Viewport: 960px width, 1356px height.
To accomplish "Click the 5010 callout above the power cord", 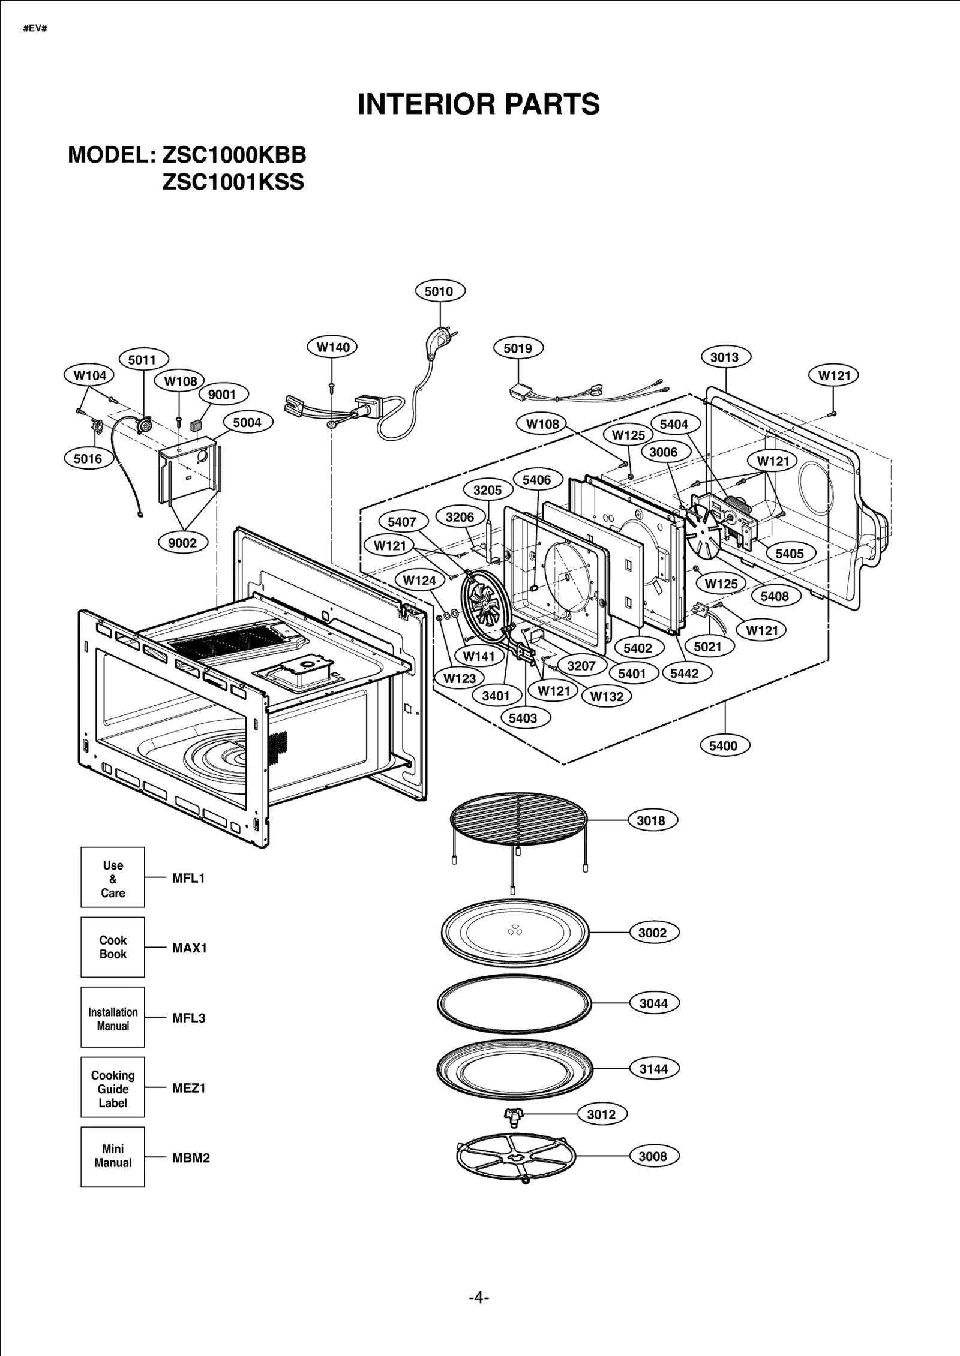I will [440, 291].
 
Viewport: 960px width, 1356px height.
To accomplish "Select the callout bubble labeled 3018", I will [652, 820].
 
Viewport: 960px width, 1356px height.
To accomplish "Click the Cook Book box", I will [113, 947].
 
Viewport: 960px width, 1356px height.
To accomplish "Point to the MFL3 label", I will [188, 1018].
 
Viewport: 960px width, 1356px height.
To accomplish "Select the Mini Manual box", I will [113, 1156].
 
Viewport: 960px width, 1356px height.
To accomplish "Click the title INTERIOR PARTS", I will [478, 104].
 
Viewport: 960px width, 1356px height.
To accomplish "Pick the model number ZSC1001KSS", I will [233, 182].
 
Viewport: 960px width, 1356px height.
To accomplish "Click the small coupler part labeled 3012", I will [514, 1114].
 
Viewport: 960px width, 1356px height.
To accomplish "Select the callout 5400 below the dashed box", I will [724, 746].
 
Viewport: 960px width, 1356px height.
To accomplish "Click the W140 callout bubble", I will [332, 347].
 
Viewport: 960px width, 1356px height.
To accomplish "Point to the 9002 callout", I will [182, 543].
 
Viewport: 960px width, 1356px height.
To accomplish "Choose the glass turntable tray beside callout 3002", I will [515, 933].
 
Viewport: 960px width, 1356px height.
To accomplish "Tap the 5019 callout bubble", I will [518, 348].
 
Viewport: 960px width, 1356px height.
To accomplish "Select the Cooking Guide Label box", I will [113, 1087].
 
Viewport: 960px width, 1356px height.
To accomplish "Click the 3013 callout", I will [725, 357].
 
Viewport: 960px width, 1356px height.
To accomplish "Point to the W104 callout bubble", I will [89, 375].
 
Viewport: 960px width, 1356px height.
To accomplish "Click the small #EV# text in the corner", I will [35, 28].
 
